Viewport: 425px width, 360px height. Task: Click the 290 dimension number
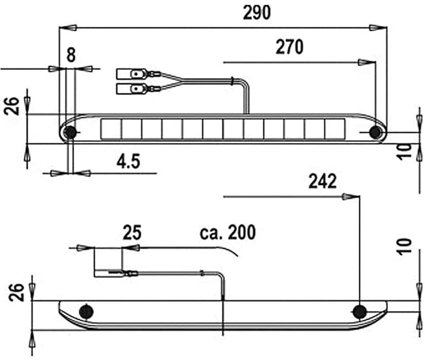coord(257,13)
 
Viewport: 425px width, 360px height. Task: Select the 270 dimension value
coord(290,47)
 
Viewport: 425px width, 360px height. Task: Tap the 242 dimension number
coord(323,181)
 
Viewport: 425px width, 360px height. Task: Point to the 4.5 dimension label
coord(128,162)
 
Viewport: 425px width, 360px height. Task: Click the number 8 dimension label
coord(71,55)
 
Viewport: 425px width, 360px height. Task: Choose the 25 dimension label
coord(132,233)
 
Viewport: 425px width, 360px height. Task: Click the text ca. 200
coord(227,232)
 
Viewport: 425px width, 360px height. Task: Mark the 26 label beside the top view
coord(13,106)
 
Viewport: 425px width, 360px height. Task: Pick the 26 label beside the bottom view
coord(16,292)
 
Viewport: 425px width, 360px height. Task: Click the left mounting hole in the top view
coord(70,132)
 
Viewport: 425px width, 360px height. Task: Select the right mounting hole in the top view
coord(375,132)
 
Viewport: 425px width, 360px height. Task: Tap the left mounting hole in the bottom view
coord(86,311)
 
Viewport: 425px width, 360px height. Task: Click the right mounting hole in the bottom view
coord(360,312)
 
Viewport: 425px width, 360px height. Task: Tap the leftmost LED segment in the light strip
coord(111,129)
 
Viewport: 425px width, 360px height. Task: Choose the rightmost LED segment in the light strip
coord(335,129)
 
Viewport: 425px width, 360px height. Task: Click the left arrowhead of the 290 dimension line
coord(68,28)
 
